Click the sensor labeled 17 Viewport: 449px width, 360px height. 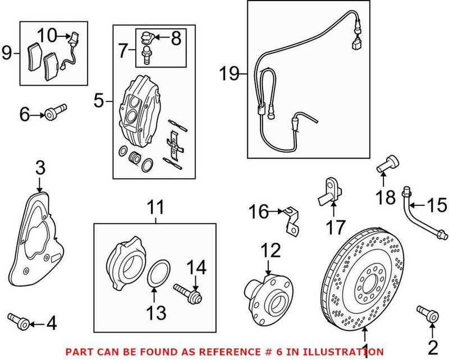point(331,190)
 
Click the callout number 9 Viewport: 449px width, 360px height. point(7,54)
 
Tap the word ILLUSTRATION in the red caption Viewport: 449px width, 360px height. point(342,352)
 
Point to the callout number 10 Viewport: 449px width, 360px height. point(48,35)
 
